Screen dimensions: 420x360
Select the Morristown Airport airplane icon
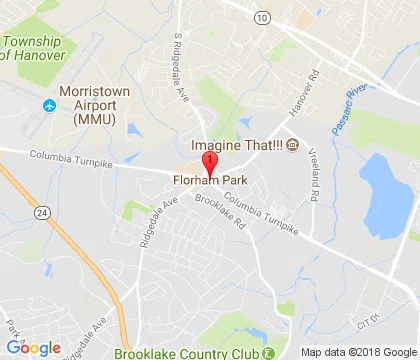click(x=46, y=105)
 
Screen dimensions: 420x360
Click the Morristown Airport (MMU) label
click(x=95, y=104)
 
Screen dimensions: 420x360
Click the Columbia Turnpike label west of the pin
click(x=70, y=157)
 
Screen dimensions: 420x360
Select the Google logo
click(x=32, y=346)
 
